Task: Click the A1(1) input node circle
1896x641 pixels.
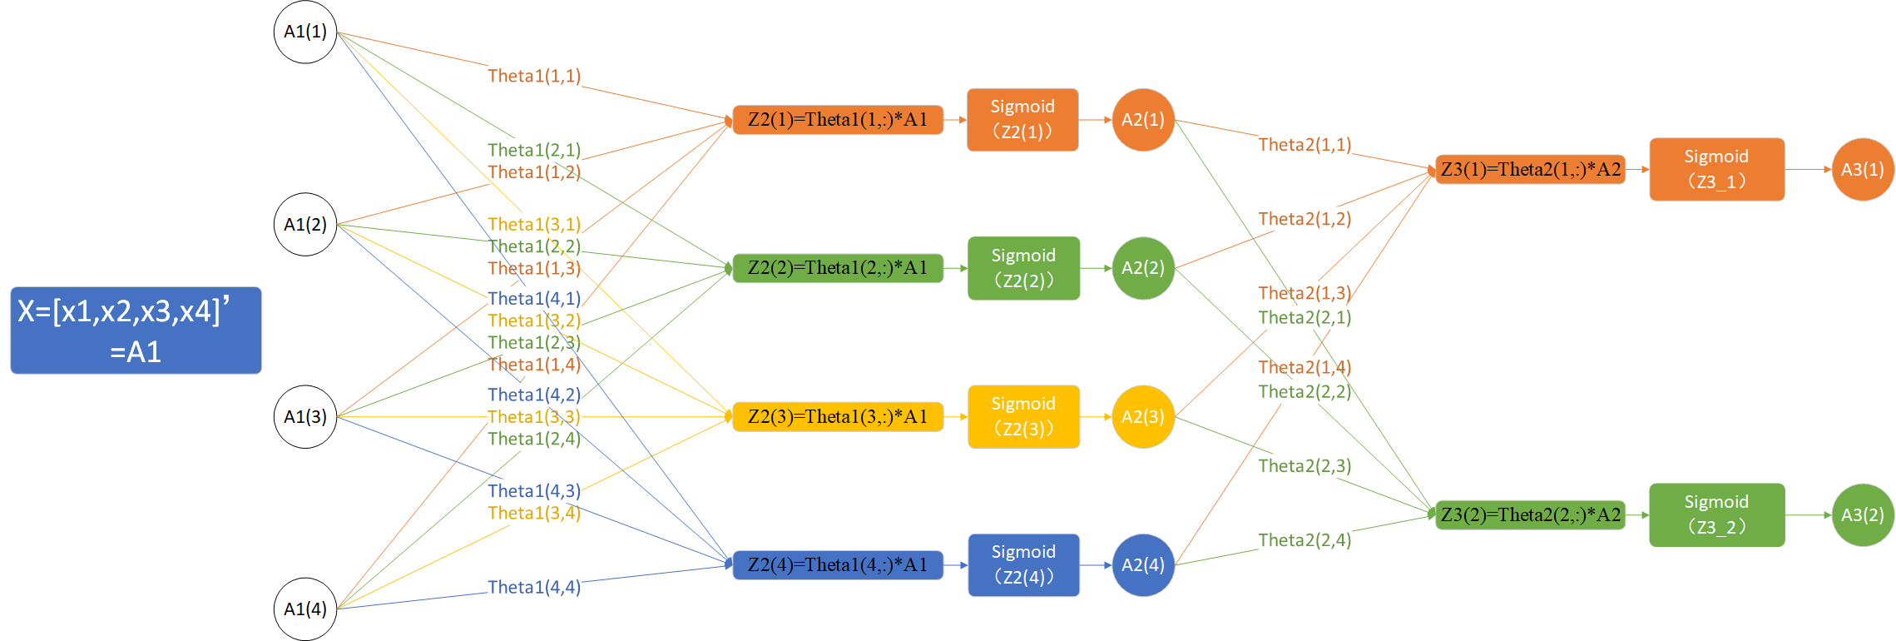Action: [305, 32]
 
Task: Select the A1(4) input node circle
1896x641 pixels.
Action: [305, 609]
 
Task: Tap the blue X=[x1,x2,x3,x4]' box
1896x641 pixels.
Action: [136, 330]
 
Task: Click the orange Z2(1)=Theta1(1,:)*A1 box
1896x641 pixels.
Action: [837, 120]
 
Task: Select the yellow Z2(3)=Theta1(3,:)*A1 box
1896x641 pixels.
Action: [837, 416]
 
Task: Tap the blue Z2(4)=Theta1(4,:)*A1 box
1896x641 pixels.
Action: [837, 564]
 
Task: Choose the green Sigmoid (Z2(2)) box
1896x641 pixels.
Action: [1023, 268]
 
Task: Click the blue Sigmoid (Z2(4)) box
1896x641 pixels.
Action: [1023, 564]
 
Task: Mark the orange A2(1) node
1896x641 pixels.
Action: [1143, 120]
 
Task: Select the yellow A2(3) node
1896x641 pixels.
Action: [1143, 416]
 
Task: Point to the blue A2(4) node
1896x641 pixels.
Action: [1143, 564]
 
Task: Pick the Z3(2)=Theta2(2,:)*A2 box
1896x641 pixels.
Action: [1530, 514]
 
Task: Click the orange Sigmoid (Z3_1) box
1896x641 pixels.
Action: [1716, 169]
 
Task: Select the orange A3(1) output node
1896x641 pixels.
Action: [1863, 169]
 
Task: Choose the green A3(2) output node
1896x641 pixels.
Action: [1863, 514]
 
